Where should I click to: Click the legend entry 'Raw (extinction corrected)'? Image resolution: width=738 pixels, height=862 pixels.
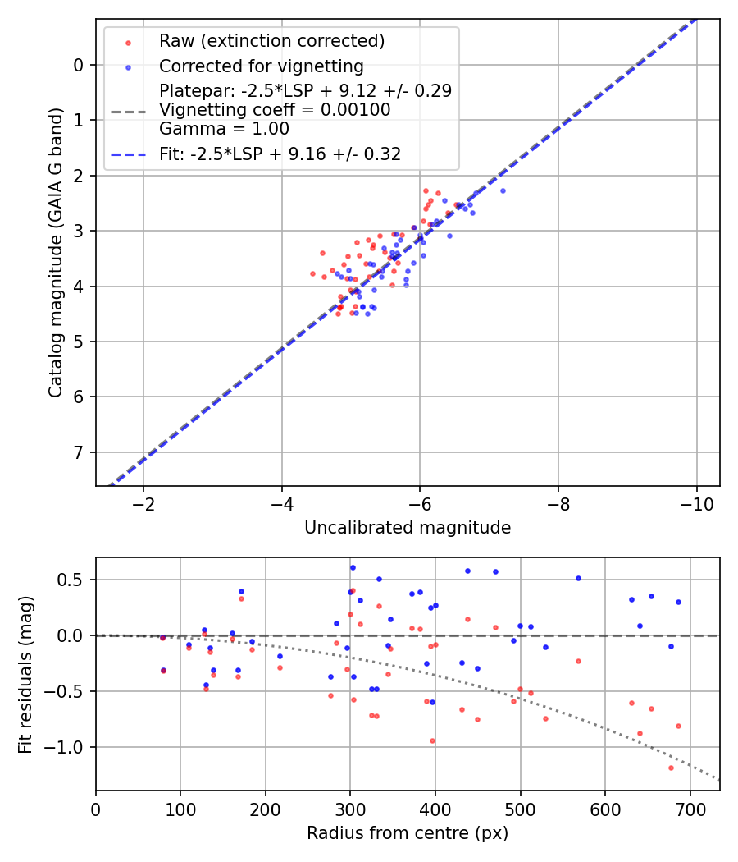pyautogui.click(x=271, y=41)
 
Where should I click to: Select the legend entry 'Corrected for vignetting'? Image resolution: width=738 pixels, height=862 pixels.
pyautogui.click(x=261, y=66)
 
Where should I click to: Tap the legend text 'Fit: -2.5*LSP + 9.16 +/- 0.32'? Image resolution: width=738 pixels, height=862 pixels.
pyautogui.click(x=280, y=154)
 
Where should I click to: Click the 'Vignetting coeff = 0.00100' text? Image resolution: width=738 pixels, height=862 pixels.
pyautogui.click(x=275, y=109)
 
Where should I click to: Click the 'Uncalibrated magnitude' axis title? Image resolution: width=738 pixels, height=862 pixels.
pyautogui.click(x=408, y=528)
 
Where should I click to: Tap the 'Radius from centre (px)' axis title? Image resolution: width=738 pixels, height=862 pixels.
pyautogui.click(x=408, y=833)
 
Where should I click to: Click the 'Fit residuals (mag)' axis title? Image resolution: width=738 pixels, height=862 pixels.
pyautogui.click(x=25, y=674)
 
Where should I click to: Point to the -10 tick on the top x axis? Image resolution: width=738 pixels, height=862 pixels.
pyautogui.click(x=696, y=502)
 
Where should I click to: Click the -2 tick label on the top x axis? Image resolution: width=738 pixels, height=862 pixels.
pyautogui.click(x=143, y=502)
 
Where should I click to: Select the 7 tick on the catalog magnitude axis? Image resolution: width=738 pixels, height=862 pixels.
pyautogui.click(x=79, y=452)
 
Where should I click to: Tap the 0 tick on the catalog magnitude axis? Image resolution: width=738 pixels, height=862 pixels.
pyautogui.click(x=79, y=65)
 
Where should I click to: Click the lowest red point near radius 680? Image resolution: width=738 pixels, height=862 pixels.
pyautogui.click(x=671, y=768)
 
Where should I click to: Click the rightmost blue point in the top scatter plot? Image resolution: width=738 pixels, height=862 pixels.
pyautogui.click(x=503, y=190)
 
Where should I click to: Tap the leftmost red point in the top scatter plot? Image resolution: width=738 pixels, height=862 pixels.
pyautogui.click(x=312, y=273)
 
